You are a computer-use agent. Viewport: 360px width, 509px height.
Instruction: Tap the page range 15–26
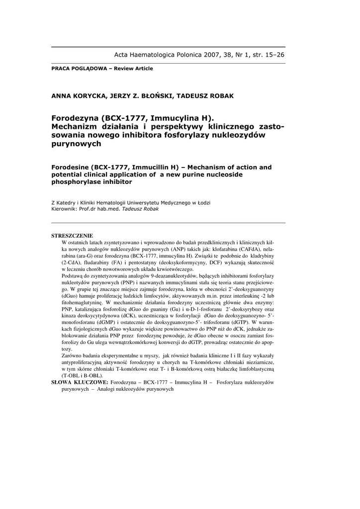[273, 55]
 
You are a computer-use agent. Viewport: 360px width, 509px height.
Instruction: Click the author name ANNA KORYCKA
[80, 95]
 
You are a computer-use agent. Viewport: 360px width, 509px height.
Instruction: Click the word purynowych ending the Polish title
[76, 144]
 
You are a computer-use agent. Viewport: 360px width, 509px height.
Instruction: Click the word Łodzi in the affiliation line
[202, 203]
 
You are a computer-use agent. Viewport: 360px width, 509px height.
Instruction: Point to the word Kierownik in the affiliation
[63, 209]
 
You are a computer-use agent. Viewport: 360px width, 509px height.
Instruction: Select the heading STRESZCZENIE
[72, 235]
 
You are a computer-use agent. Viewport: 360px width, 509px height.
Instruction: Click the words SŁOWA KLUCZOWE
[80, 382]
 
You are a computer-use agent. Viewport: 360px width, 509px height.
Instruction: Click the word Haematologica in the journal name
[154, 55]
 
